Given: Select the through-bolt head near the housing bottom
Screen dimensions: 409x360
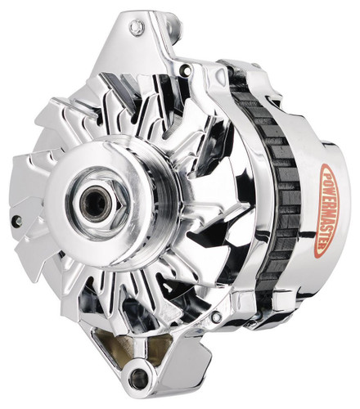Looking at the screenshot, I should click(216, 315).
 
